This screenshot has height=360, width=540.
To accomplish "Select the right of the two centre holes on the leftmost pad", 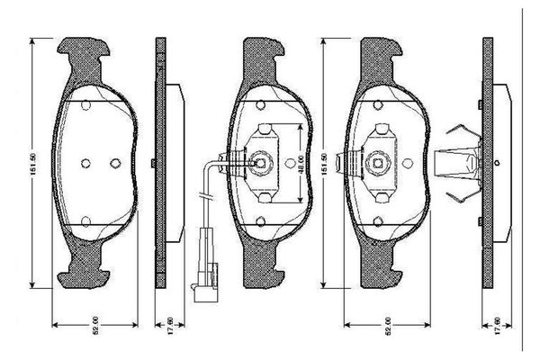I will [114, 163].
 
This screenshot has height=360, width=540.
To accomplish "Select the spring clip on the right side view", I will [458, 163].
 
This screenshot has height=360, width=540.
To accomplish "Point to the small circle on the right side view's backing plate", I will [496, 163].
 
